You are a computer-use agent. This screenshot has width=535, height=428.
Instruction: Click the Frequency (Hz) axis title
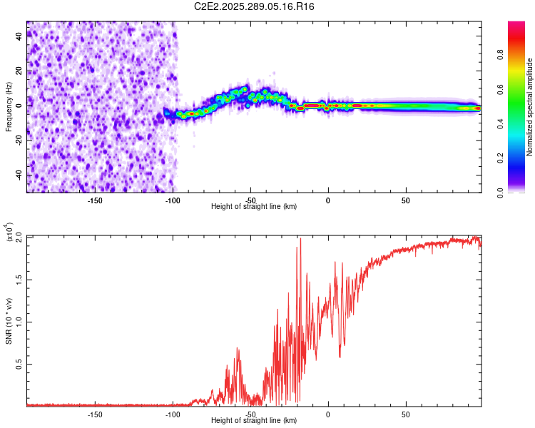click(x=9, y=107)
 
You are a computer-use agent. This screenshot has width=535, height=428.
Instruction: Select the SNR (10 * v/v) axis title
click(x=9, y=320)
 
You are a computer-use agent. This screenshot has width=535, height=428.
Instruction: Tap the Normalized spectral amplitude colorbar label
click(x=529, y=107)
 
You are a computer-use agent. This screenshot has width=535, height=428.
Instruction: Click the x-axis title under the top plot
click(x=254, y=206)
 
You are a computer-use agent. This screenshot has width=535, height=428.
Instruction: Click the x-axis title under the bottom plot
click(x=254, y=420)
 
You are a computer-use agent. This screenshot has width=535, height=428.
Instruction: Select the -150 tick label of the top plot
click(x=95, y=200)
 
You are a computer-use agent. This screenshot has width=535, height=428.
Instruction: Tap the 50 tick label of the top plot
click(x=405, y=200)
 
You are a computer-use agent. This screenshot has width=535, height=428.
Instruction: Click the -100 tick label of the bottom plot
click(x=173, y=414)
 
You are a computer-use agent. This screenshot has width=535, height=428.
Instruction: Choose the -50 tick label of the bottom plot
click(x=250, y=414)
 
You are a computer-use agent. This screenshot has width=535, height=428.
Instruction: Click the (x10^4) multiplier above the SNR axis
click(x=11, y=233)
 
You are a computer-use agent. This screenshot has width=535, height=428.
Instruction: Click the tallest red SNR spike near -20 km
click(x=300, y=240)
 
